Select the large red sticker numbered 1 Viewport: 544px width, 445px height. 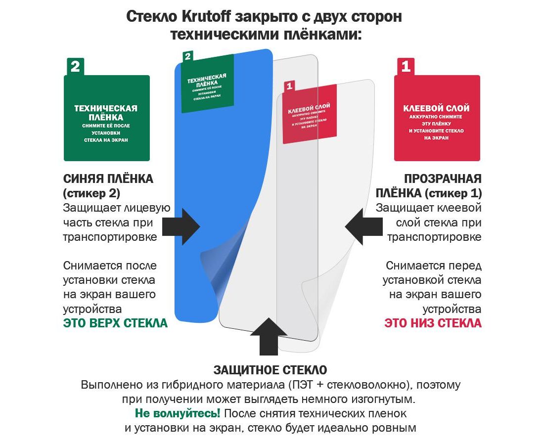437,118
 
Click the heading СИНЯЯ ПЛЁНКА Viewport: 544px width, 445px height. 108,178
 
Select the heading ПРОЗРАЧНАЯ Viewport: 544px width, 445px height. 443,178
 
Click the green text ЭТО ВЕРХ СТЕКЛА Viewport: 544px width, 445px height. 115,323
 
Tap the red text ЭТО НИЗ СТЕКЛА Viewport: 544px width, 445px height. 433,323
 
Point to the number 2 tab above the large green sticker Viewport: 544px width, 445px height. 75,67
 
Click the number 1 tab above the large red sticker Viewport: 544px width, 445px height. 406,67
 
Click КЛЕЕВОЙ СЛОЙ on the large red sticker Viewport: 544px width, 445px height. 437,108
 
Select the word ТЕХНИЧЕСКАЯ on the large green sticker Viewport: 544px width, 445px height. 106,108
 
